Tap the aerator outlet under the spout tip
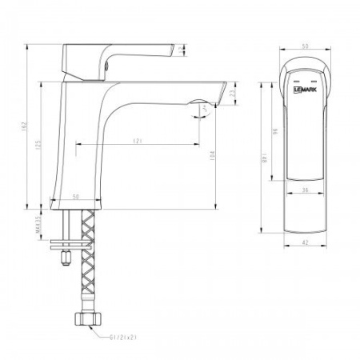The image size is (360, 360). (200, 104)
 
